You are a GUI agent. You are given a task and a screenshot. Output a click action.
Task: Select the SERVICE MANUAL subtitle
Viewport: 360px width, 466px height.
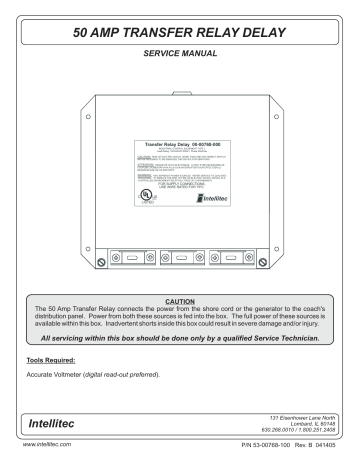click(180, 55)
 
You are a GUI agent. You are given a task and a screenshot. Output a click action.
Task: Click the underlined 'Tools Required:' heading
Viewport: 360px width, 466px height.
click(49, 355)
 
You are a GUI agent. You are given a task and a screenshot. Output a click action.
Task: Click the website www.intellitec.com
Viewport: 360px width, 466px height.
click(37, 459)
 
